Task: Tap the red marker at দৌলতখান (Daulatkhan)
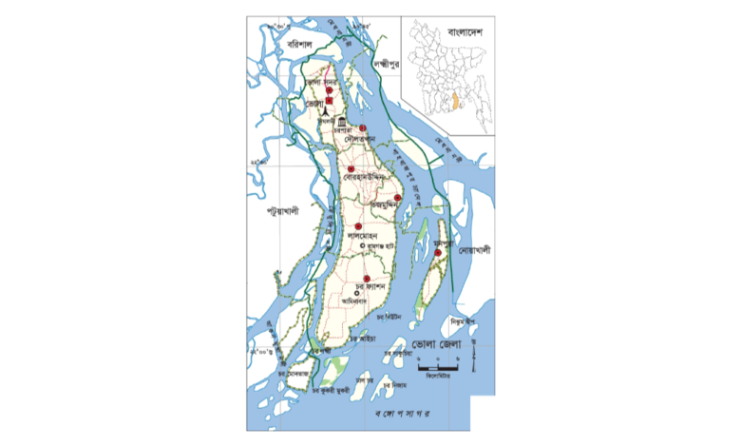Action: point(362,128)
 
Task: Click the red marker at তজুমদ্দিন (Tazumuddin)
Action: point(397,197)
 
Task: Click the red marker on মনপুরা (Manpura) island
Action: point(437,253)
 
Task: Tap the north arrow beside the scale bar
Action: point(478,361)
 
